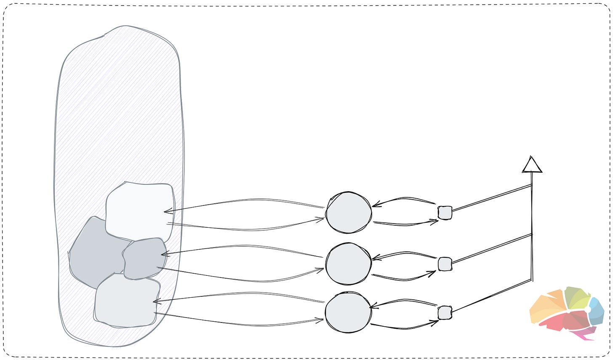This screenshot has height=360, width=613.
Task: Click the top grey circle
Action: [x=349, y=213]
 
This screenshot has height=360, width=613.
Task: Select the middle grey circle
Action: [x=348, y=264]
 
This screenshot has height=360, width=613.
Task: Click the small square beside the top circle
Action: [x=445, y=213]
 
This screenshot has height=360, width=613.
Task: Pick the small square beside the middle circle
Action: [x=445, y=264]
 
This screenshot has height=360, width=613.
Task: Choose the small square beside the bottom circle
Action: [x=445, y=313]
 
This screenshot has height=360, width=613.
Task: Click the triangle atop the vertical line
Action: [x=532, y=165]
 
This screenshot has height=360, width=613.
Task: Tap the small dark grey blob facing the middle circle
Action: [x=143, y=259]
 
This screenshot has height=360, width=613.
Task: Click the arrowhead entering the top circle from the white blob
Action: [x=322, y=219]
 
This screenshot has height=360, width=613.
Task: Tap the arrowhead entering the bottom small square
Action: [x=435, y=322]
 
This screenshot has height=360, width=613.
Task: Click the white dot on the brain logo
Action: [x=588, y=309]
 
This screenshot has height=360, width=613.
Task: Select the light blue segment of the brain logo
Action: [x=596, y=309]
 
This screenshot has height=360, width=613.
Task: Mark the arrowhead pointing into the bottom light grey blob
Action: [x=156, y=301]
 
